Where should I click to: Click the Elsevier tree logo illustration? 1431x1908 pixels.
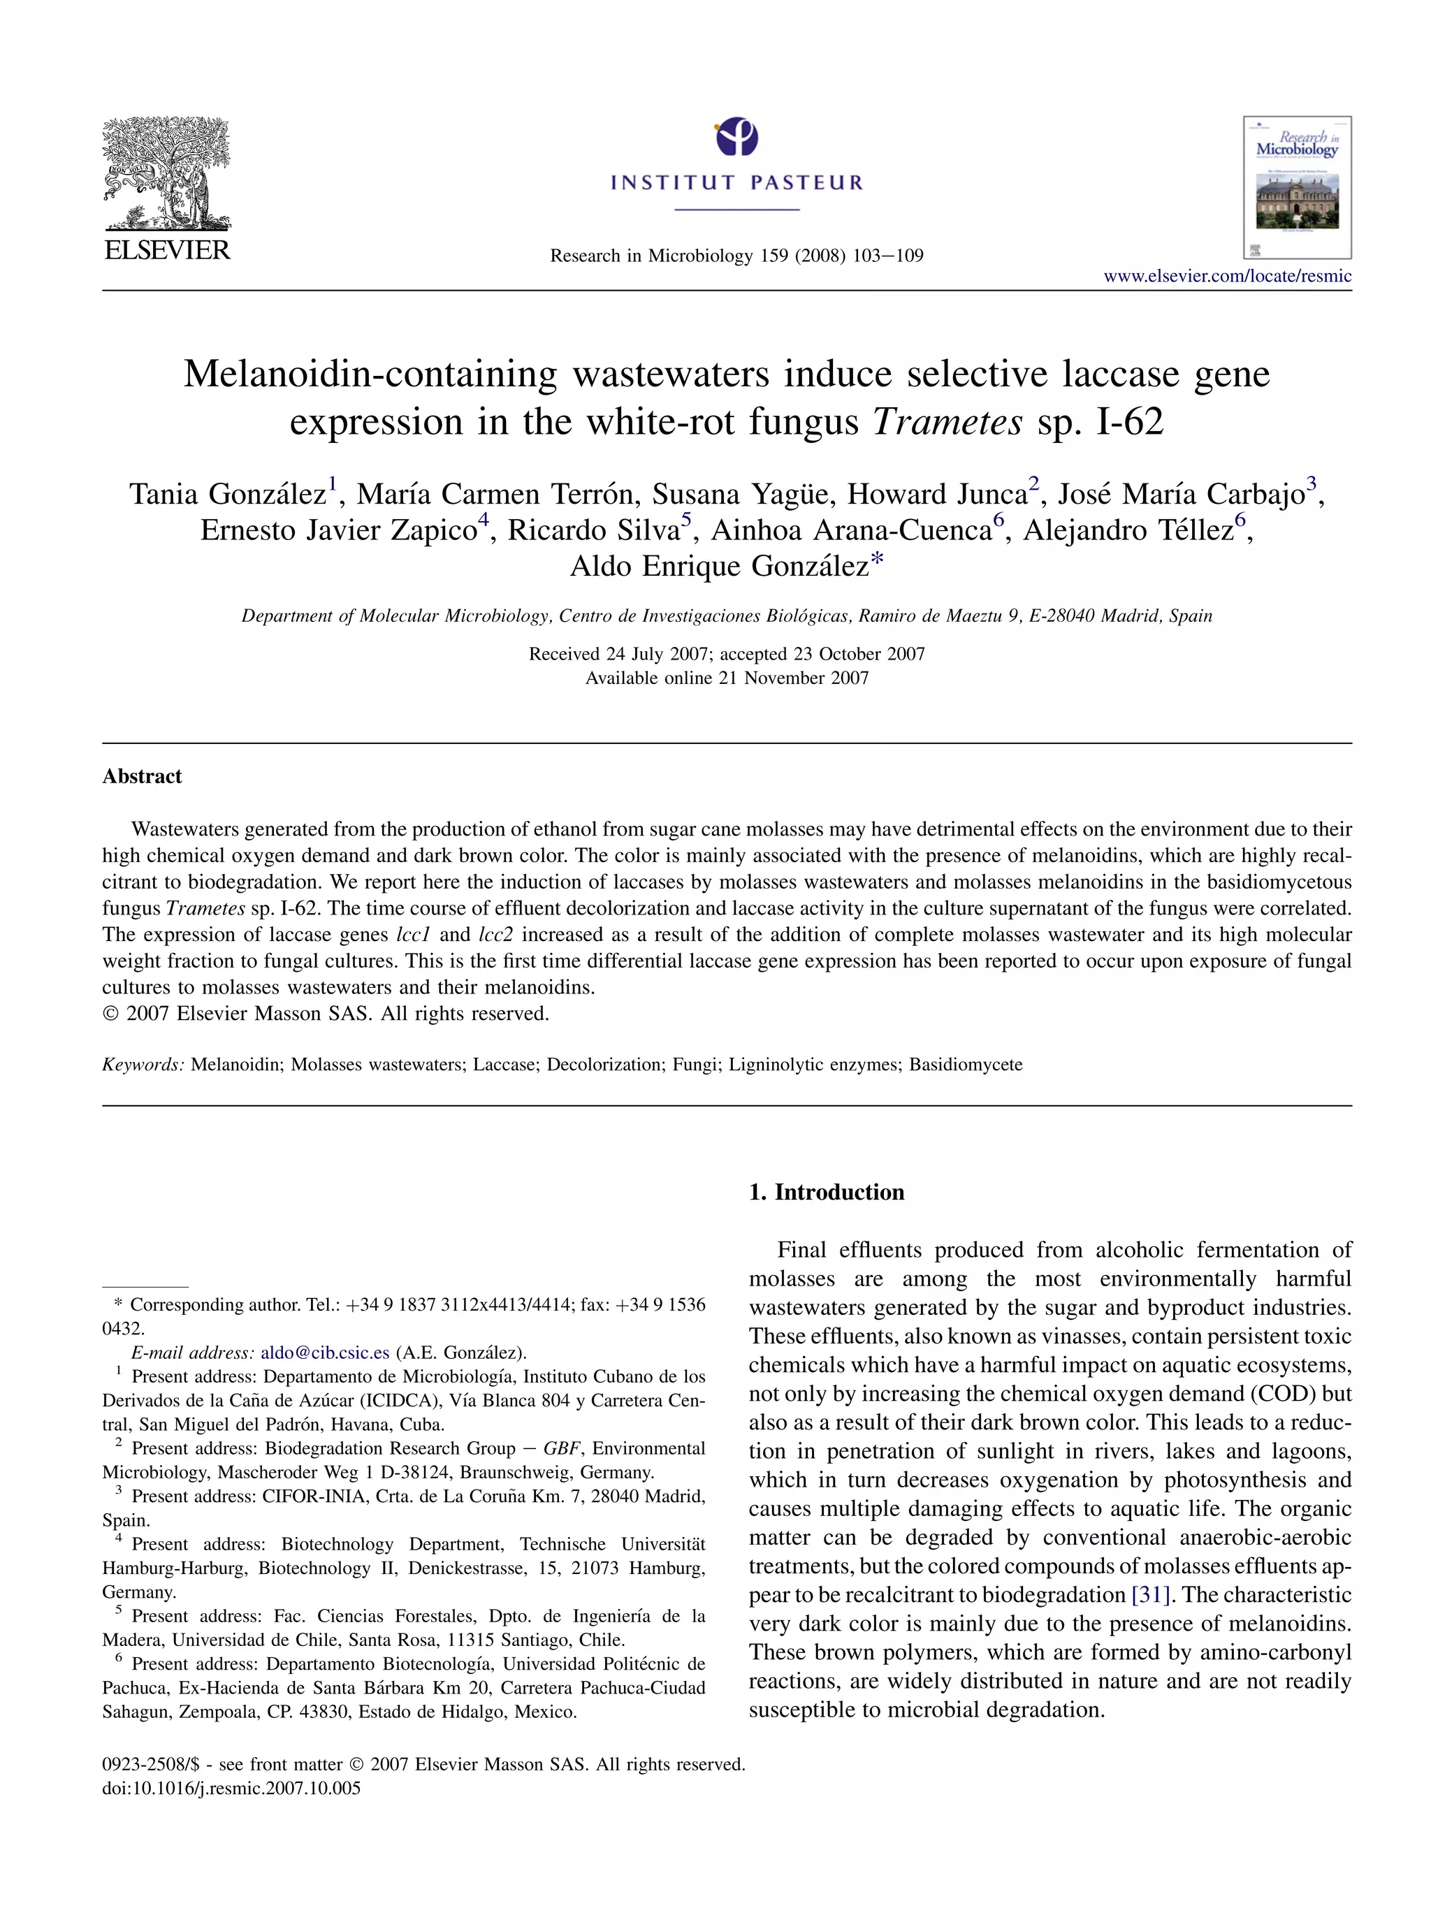point(166,173)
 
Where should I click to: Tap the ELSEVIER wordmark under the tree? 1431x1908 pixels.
point(166,250)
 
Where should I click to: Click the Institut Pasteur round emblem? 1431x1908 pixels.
point(736,137)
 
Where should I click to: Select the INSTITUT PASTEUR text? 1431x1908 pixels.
point(736,183)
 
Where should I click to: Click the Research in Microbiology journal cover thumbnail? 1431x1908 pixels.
point(1296,187)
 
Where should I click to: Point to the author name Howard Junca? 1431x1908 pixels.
point(937,494)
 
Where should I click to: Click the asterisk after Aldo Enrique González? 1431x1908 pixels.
point(877,562)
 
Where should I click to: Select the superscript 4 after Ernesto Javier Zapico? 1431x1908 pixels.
point(483,519)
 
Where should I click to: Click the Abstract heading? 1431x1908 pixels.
point(143,776)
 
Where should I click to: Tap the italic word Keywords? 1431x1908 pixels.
point(143,1065)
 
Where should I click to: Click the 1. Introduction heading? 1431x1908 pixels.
point(827,1192)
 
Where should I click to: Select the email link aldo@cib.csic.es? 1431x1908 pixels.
point(325,1353)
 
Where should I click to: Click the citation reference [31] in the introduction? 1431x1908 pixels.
point(1152,1595)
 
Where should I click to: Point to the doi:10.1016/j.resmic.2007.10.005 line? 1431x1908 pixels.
point(231,1788)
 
